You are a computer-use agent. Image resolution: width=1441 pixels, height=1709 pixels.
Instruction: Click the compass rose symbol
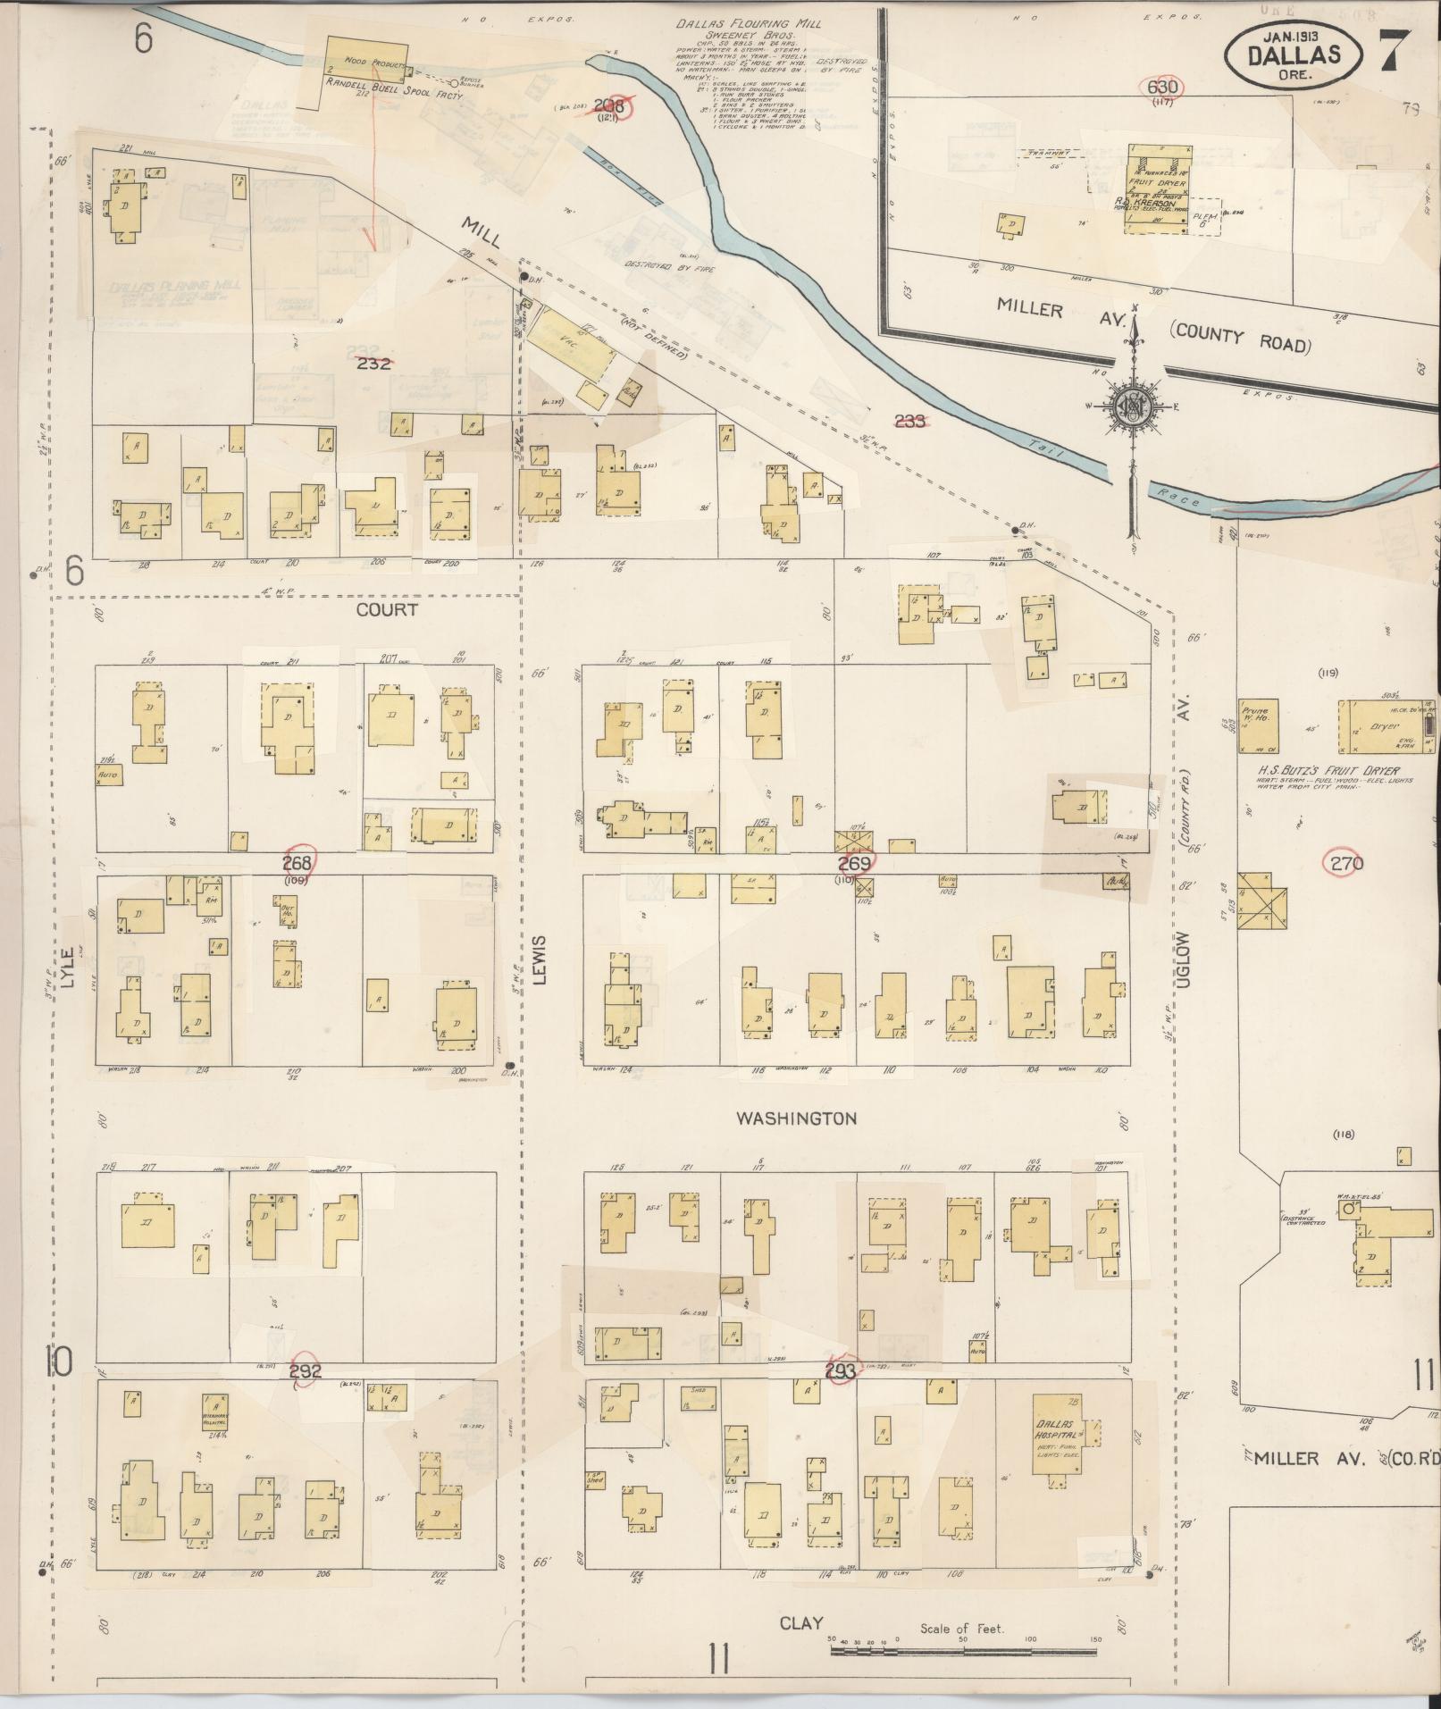[1133, 407]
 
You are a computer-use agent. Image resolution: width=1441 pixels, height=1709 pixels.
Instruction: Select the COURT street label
[387, 609]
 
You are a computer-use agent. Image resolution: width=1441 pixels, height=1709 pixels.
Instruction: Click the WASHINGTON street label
[796, 1118]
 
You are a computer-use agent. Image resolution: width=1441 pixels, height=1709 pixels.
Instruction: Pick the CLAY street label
[800, 1622]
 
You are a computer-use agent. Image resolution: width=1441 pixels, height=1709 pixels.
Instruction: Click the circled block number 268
[297, 862]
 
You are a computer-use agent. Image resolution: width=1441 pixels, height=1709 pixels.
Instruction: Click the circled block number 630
[1163, 88]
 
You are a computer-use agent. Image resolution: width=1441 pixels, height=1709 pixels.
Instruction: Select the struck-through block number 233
[909, 421]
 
